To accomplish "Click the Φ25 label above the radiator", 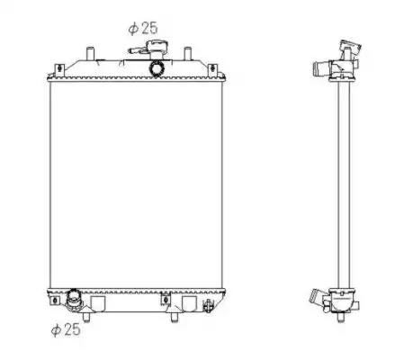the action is click(x=143, y=28).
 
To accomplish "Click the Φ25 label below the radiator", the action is click(x=66, y=329).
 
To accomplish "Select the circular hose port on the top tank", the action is click(x=157, y=68).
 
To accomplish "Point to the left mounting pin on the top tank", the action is click(x=90, y=53).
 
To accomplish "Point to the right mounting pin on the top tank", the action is click(x=187, y=53).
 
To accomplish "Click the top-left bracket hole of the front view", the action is click(x=59, y=68).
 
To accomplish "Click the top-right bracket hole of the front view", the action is click(x=212, y=68).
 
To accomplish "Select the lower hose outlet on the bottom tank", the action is click(x=73, y=298).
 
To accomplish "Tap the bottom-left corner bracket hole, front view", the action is click(x=55, y=300).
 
